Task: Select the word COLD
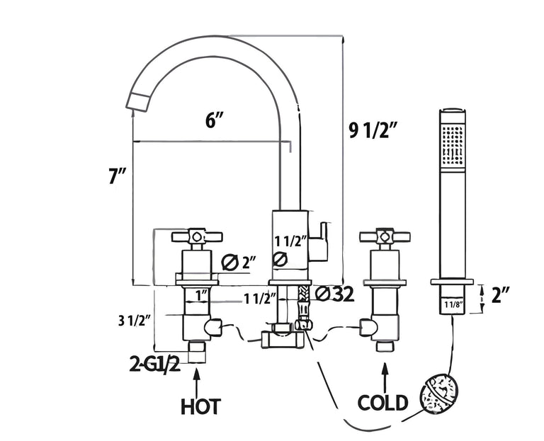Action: [382, 403]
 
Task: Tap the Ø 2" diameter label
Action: [238, 263]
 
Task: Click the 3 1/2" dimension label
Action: [135, 320]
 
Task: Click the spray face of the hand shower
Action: [451, 146]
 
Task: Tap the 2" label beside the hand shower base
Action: [501, 294]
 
